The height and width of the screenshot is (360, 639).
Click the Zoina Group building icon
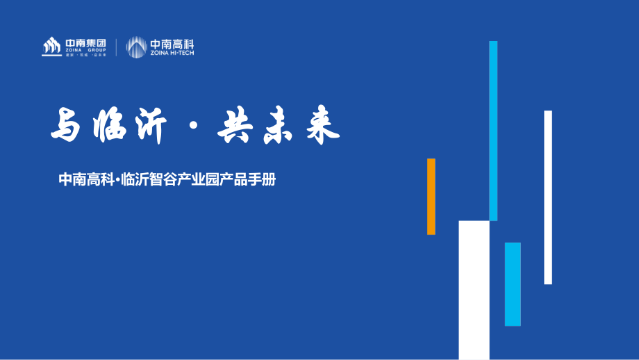click(x=51, y=47)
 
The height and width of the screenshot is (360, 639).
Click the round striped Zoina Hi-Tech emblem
click(x=136, y=47)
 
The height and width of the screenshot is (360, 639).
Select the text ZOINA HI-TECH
click(x=172, y=52)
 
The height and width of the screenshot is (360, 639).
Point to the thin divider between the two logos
click(x=116, y=47)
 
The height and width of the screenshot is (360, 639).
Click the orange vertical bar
click(x=431, y=196)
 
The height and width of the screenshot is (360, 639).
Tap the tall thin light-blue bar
click(x=493, y=131)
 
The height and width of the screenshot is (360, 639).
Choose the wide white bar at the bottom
click(x=474, y=290)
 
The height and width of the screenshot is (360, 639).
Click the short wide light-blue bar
click(x=513, y=284)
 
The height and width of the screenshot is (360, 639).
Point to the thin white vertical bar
click(x=548, y=197)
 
